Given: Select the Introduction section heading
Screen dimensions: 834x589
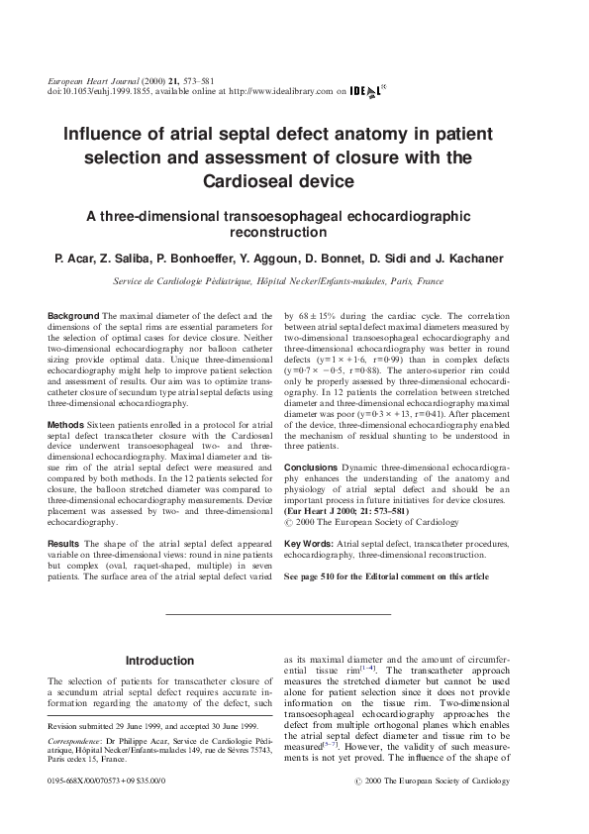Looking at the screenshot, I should click(159, 661).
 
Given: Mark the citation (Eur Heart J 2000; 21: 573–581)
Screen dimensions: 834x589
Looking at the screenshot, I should click(352, 510).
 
